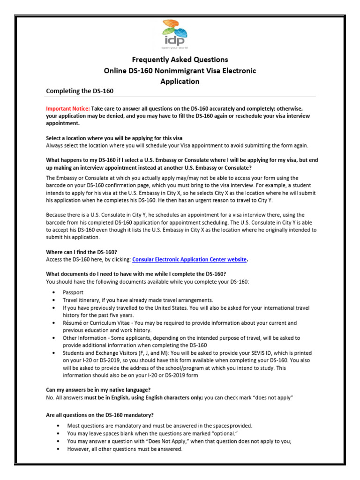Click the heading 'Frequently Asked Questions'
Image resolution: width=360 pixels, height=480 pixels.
180,60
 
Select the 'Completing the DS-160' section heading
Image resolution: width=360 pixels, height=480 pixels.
80,90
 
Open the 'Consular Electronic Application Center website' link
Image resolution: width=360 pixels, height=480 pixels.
189,259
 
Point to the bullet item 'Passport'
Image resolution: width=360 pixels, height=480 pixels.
73,292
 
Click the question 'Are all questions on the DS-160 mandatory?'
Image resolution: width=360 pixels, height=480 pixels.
100,415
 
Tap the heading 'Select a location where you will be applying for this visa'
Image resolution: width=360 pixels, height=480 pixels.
114,138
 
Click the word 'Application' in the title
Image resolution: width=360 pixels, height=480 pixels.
180,81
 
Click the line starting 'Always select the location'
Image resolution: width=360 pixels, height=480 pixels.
177,145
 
